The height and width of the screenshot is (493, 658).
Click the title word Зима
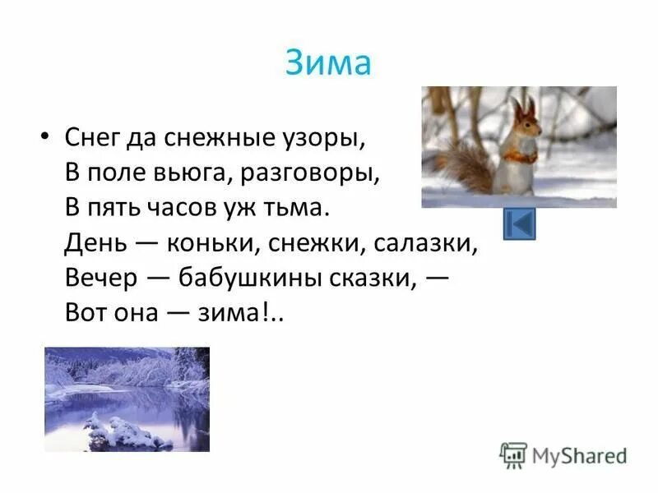click(x=328, y=63)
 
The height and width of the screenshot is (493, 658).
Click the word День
click(x=87, y=244)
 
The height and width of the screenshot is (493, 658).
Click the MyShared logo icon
click(x=512, y=454)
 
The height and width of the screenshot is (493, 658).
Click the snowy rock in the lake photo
click(x=123, y=431)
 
